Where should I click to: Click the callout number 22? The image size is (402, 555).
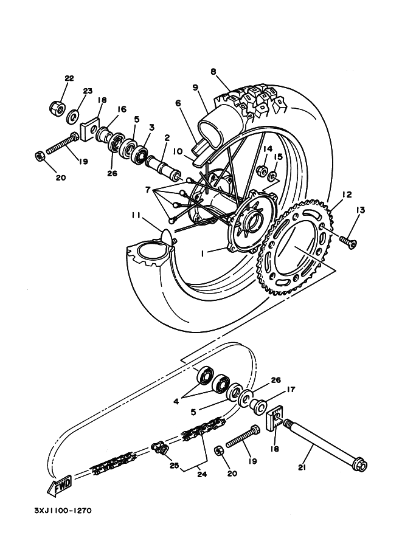coord(69,78)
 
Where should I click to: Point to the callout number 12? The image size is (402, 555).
coord(347,195)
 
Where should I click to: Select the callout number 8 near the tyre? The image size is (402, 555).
coord(213,71)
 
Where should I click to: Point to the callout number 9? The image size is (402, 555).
coord(196,88)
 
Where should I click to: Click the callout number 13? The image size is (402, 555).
coord(360,210)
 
